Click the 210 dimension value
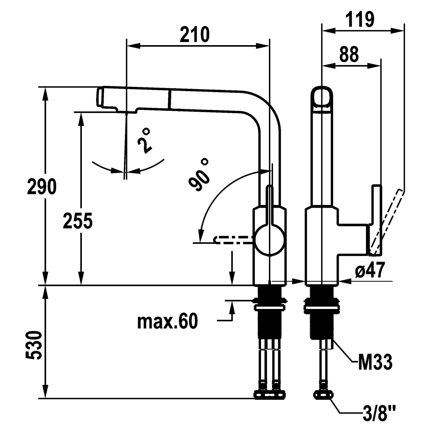194,34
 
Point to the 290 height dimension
41,186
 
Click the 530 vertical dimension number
34,345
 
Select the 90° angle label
199,175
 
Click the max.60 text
167,321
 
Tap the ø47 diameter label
370,270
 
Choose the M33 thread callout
375,362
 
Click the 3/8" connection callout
379,414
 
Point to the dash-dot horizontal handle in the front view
233,239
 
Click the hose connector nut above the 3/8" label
323,395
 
